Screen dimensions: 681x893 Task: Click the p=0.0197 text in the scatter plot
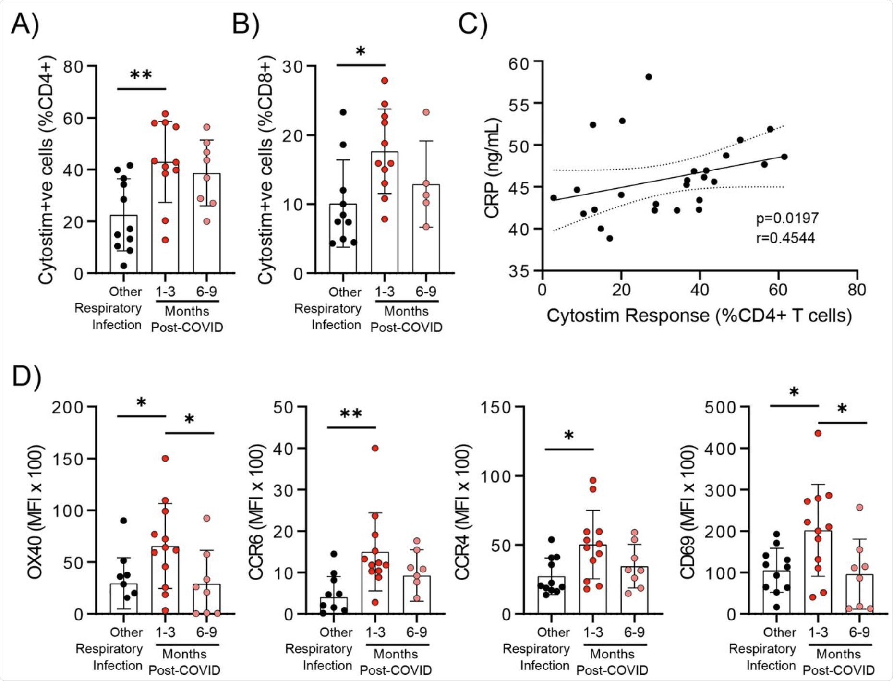(x=787, y=218)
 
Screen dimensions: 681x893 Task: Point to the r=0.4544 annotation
(x=785, y=238)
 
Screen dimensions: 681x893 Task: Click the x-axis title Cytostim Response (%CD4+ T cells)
(x=699, y=316)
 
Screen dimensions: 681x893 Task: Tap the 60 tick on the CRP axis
(x=518, y=63)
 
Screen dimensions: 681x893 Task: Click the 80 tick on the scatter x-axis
(x=857, y=290)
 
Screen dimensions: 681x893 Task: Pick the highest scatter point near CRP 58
(x=649, y=77)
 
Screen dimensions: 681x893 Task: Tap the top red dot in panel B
(x=385, y=81)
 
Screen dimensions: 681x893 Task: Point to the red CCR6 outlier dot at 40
(x=375, y=448)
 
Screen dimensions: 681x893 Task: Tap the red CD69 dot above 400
(x=818, y=433)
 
